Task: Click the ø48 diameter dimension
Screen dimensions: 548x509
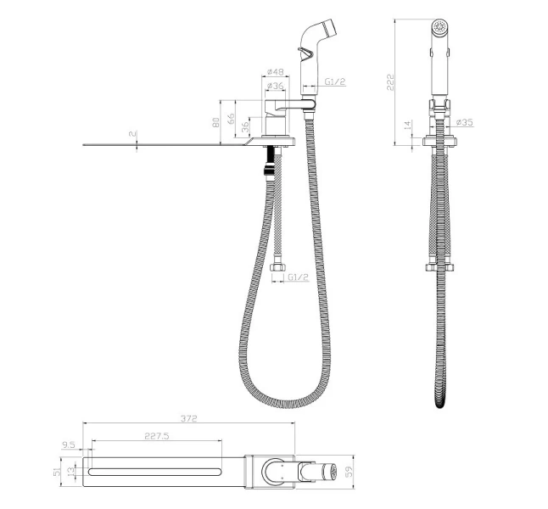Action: click(275, 71)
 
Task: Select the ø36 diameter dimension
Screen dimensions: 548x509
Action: click(275, 86)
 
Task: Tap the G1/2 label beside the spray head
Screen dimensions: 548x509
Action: click(335, 81)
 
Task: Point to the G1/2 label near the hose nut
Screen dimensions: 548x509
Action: click(299, 277)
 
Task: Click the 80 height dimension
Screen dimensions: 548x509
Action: click(216, 122)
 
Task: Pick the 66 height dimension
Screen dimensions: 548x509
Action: click(231, 119)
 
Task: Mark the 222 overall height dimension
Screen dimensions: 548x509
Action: click(390, 82)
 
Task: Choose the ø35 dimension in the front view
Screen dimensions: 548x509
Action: click(465, 122)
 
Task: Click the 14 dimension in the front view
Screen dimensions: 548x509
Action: click(407, 126)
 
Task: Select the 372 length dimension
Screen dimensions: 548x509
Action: click(188, 418)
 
